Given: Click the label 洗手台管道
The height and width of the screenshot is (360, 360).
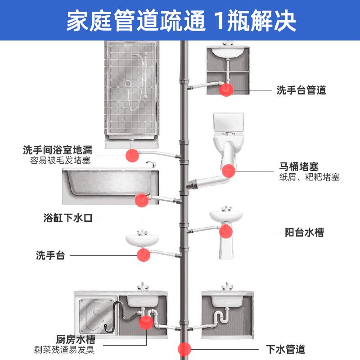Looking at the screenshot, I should tap(301, 90).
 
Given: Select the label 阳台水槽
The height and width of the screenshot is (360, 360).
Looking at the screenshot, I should tap(304, 233).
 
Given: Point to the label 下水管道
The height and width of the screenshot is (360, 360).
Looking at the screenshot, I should tap(286, 349).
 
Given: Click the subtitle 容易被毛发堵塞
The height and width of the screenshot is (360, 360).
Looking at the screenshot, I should tap(60, 160).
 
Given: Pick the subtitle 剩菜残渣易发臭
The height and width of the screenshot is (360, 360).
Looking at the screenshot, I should tap(64, 349).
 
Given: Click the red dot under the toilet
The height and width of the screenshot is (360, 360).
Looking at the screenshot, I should tap(229, 171).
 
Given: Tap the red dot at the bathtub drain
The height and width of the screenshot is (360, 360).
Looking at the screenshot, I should tap(141, 200).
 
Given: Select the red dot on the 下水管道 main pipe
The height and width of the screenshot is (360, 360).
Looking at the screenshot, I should tap(184, 349).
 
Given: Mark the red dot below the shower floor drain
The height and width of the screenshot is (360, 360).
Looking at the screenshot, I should tap(131, 155).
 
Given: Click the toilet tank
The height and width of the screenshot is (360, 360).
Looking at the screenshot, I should tap(229, 122).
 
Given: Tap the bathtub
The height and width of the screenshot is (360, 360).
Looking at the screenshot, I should tap(110, 184).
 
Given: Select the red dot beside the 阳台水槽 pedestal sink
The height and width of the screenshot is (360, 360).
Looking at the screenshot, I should tap(225, 232).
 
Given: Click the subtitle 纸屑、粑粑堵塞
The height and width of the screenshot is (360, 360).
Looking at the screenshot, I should tap(309, 177).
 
